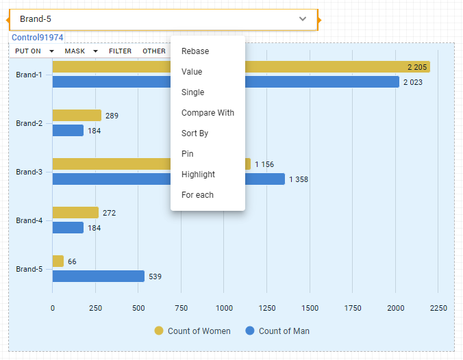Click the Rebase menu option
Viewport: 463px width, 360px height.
pyautogui.click(x=195, y=51)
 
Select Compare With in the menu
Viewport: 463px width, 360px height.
pyautogui.click(x=208, y=113)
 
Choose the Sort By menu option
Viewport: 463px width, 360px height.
pyautogui.click(x=195, y=133)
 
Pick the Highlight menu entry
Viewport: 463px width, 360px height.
pyautogui.click(x=198, y=175)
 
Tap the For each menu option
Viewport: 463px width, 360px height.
pyautogui.click(x=197, y=195)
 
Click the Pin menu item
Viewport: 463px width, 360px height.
pyautogui.click(x=188, y=154)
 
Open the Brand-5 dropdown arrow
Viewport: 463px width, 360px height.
pyautogui.click(x=303, y=19)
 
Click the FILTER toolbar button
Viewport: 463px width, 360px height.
pyautogui.click(x=120, y=51)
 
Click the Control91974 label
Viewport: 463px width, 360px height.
pyautogui.click(x=38, y=38)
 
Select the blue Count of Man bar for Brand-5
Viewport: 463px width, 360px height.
pyautogui.click(x=99, y=277)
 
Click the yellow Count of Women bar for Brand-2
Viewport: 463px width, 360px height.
pyautogui.click(x=77, y=116)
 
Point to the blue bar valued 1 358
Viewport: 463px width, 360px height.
pyautogui.click(x=168, y=179)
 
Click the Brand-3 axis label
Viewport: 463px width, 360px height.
pyautogui.click(x=29, y=172)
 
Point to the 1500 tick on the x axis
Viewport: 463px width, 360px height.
pyautogui.click(x=310, y=308)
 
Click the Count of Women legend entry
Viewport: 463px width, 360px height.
pyautogui.click(x=192, y=331)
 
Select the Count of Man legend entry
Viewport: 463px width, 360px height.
pyautogui.click(x=277, y=331)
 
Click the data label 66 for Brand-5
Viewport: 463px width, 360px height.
pyautogui.click(x=72, y=261)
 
